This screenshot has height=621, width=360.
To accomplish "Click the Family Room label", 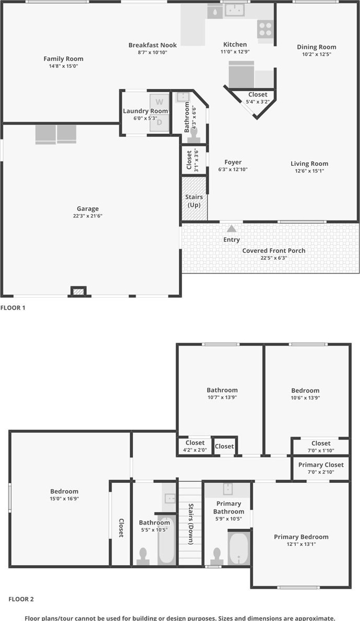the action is coord(64,59).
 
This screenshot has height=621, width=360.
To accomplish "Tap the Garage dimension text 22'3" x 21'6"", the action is coord(88,216).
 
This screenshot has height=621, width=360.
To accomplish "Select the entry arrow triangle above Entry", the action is coord(232,228).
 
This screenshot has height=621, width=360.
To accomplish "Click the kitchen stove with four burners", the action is coord(265,29).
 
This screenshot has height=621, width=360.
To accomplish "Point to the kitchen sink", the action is coord(235,10).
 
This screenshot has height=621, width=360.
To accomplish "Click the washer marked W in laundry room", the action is coord(159,102).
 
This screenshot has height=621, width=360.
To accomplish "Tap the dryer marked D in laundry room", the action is coord(159,123).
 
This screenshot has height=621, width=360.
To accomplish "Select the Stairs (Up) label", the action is coord(194,201).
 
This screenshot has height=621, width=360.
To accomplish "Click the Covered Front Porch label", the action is coord(273,251).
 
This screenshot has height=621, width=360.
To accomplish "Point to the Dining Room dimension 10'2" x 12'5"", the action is coord(316,54).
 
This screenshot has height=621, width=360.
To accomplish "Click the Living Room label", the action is coord(309,164).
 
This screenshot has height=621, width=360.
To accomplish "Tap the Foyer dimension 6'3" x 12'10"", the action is coord(233,169).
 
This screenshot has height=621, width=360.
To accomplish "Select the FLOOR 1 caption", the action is coord(13,307).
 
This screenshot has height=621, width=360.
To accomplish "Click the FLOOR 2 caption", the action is coord(21,599).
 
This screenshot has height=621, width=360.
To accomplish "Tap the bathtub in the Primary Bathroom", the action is coord(238,549).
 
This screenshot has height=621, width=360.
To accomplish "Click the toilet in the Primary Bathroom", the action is coord(217,556).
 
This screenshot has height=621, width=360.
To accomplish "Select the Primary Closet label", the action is coord(321,465).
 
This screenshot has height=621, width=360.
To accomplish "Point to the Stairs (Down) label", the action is coord(191,523).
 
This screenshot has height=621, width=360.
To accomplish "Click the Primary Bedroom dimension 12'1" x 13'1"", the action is coord(302,544).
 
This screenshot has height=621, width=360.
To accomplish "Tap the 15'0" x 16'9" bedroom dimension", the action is coord(64,498).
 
